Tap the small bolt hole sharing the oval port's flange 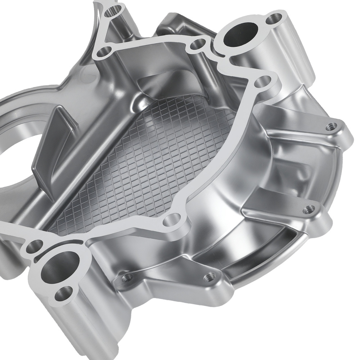276,18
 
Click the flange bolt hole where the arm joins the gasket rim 103,52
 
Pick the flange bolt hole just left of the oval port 197,45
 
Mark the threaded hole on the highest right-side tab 332,126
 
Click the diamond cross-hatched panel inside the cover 151,158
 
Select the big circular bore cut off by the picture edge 14,151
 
